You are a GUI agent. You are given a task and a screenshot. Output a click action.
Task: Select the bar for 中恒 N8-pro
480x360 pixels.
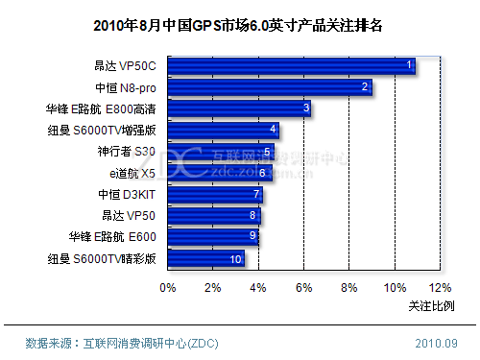[x=270, y=87]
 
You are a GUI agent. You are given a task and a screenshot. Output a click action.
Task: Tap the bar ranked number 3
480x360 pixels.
[x=239, y=108]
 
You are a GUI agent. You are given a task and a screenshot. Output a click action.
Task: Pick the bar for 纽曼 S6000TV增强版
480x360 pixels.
[x=223, y=131]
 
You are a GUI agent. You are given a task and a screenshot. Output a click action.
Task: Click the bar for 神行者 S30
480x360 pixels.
[x=221, y=152]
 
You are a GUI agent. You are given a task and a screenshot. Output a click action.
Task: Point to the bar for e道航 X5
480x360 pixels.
[x=220, y=173]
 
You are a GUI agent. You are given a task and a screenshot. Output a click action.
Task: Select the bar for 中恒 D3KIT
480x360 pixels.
[x=215, y=194]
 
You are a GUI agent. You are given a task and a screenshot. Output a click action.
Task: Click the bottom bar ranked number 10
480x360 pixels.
[x=205, y=258]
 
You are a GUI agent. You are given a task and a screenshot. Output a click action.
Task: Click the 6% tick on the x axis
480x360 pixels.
[x=303, y=287]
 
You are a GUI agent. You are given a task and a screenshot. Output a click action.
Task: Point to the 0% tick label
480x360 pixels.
[x=168, y=287]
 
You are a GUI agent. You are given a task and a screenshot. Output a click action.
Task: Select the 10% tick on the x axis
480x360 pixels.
[x=394, y=287]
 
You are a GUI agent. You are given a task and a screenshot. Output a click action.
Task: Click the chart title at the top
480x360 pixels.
[x=239, y=26]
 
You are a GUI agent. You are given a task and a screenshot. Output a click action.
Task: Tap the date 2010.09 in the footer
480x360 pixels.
[x=436, y=343]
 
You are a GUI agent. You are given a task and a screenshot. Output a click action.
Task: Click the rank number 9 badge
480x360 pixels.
[x=252, y=236]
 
